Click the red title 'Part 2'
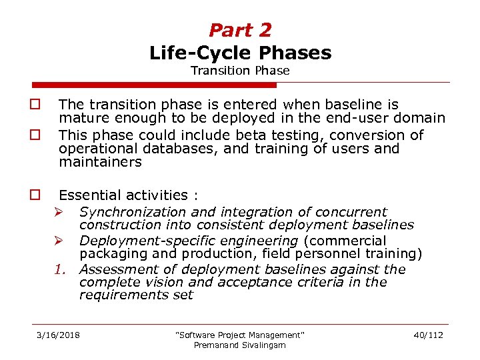pos(240,30)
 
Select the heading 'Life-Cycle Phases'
pos(240,52)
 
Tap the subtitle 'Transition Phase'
pos(240,70)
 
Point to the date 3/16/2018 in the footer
pos(57,334)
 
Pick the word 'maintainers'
pos(100,162)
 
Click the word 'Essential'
pos(86,195)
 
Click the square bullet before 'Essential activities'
pos(33,195)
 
